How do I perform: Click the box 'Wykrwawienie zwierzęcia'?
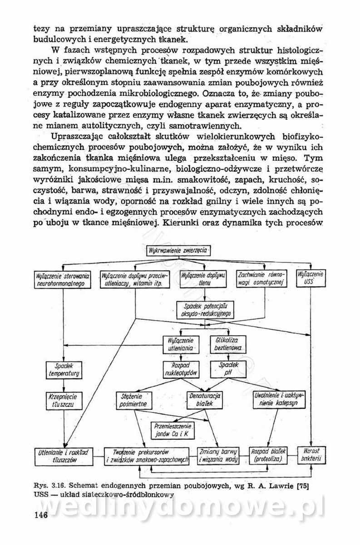(x=180, y=250)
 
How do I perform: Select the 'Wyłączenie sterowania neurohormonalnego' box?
(x=62, y=279)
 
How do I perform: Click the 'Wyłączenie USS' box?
(x=311, y=278)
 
